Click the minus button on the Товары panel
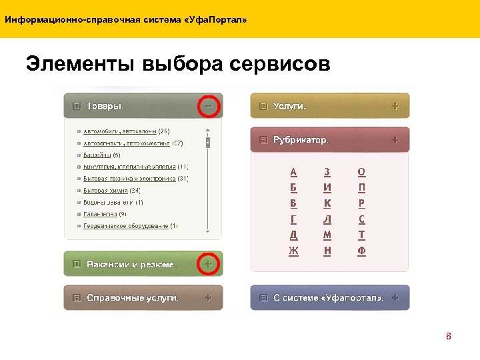point(209,105)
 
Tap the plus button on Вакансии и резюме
point(209,264)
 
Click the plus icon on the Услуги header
point(395,106)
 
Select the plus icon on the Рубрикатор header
point(395,140)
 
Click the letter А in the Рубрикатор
point(294,171)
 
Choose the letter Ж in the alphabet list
point(294,251)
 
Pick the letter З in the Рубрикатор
point(327,171)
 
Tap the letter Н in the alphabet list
point(327,251)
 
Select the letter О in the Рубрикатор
point(361,171)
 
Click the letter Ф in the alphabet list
point(361,251)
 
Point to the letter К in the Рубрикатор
point(327,203)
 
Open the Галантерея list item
point(100,214)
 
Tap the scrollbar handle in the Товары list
point(208,142)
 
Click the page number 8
point(449,337)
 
